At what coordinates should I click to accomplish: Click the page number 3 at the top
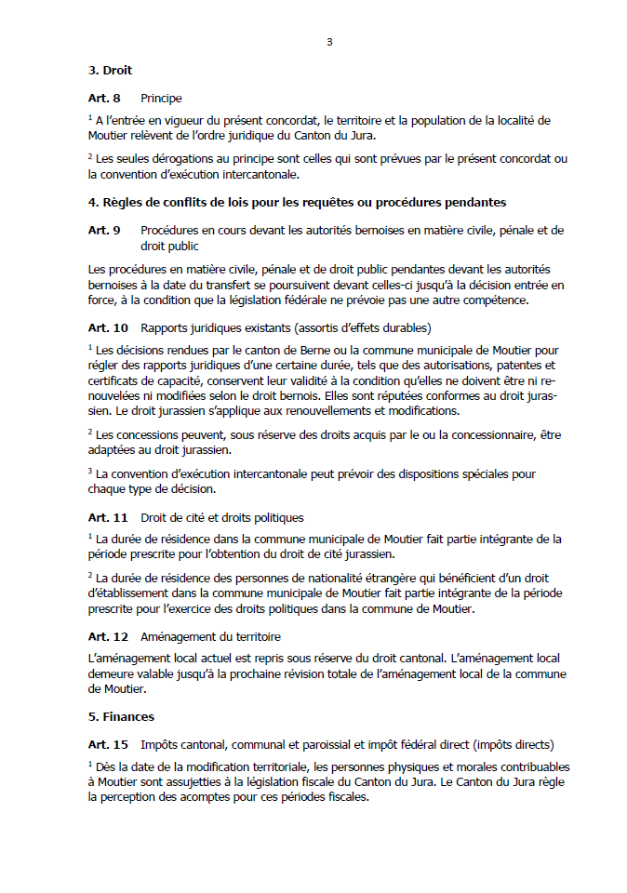pyautogui.click(x=329, y=42)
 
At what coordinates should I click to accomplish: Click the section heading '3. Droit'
pyautogui.click(x=110, y=71)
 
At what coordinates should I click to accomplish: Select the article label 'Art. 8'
pyautogui.click(x=104, y=98)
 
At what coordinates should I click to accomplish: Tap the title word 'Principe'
pyautogui.click(x=161, y=98)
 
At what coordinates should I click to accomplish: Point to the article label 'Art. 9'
pyautogui.click(x=104, y=230)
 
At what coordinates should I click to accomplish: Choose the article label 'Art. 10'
pyautogui.click(x=108, y=327)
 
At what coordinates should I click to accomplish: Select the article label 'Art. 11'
pyautogui.click(x=108, y=517)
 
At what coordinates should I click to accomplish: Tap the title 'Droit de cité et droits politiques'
pyautogui.click(x=221, y=517)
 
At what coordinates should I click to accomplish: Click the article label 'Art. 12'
pyautogui.click(x=108, y=637)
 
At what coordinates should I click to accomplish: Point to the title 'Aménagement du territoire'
pyautogui.click(x=210, y=637)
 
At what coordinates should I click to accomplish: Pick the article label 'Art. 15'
pyautogui.click(x=108, y=744)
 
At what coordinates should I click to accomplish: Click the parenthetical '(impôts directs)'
pyautogui.click(x=511, y=744)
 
